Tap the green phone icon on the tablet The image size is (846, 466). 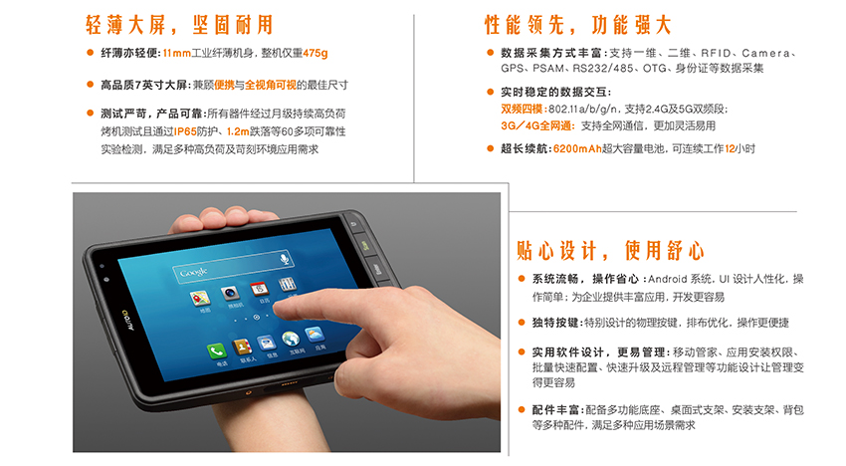coord(216,351)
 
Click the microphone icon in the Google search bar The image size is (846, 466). coord(285,259)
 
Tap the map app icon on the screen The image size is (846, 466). coord(200,298)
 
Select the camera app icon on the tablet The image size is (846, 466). coord(230,294)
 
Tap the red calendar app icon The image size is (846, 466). coord(259,289)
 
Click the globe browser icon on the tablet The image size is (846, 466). coord(291,340)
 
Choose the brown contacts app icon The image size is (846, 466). coord(242,348)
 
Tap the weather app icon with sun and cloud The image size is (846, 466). coord(315,335)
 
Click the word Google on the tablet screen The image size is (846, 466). coord(193,272)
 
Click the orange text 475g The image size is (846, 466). coord(316,53)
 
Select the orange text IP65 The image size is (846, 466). coord(185,131)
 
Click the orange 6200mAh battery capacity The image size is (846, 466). coord(577,149)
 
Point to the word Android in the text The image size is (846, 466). coord(668,279)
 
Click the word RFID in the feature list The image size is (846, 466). coord(716,53)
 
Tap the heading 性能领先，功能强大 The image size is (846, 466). coord(578,25)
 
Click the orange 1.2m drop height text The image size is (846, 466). coord(238,131)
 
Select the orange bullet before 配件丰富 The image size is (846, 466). coord(522,410)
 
